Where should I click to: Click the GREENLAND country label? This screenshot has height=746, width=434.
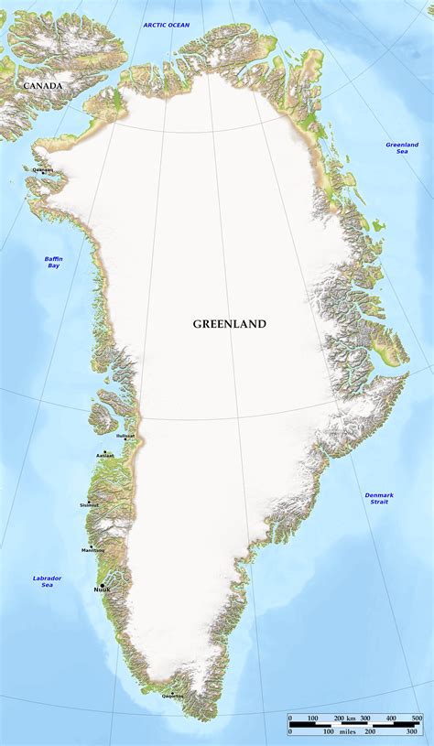229,324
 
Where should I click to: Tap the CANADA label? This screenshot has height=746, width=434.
43,86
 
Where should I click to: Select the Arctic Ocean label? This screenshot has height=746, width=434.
167,25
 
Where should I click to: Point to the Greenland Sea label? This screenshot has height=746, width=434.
402,147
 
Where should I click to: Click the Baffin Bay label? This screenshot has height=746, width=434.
54,262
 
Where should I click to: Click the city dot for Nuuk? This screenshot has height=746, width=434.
103,585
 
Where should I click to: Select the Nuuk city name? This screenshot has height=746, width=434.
102,590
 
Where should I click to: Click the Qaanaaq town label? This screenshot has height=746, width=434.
43,169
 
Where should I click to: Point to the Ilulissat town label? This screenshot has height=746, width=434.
125,436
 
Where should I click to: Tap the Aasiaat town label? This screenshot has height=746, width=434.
105,455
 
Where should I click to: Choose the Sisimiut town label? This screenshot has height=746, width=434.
89,504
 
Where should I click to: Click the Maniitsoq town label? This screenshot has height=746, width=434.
92,549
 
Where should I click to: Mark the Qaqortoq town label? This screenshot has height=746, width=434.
172,697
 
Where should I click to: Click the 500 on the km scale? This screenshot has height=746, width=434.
417,718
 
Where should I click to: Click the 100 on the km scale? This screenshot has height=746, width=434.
312,718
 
